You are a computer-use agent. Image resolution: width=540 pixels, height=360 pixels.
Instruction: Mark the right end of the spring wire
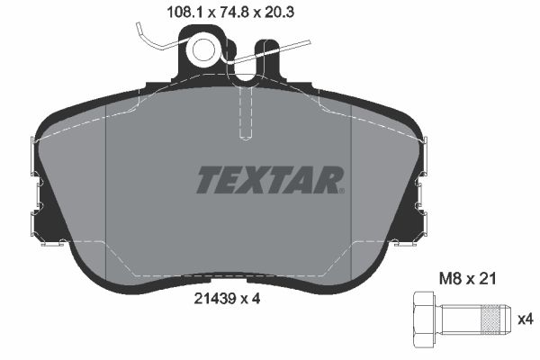(x=306, y=40)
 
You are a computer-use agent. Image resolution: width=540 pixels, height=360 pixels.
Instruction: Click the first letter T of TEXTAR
(x=208, y=179)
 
